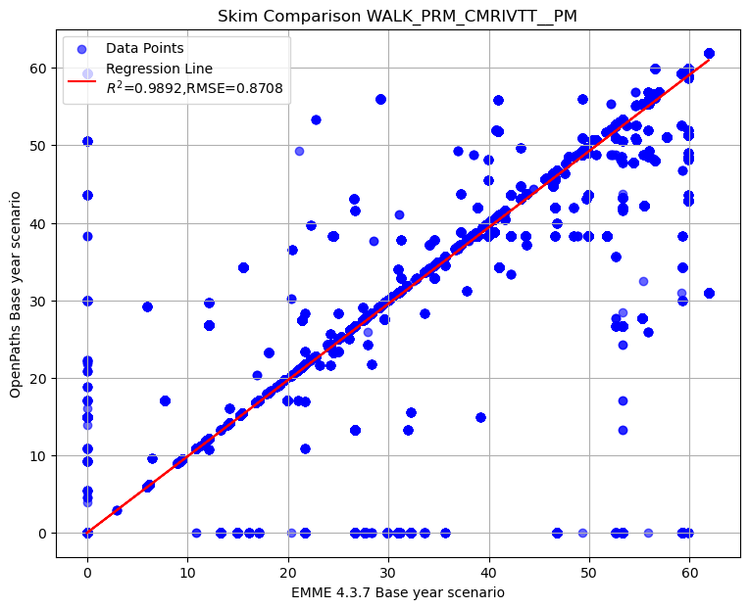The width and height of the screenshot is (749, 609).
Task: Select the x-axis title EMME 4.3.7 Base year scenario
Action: click(398, 592)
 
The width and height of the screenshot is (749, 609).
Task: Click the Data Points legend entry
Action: click(144, 48)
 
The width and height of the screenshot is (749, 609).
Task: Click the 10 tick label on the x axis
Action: click(187, 572)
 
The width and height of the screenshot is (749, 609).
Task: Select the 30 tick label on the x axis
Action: click(388, 572)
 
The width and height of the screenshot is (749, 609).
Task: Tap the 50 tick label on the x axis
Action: click(589, 572)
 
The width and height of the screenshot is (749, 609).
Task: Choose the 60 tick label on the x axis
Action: click(689, 572)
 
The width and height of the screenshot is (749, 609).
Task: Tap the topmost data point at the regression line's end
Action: click(709, 54)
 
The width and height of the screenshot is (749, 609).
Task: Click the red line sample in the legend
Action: click(83, 78)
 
